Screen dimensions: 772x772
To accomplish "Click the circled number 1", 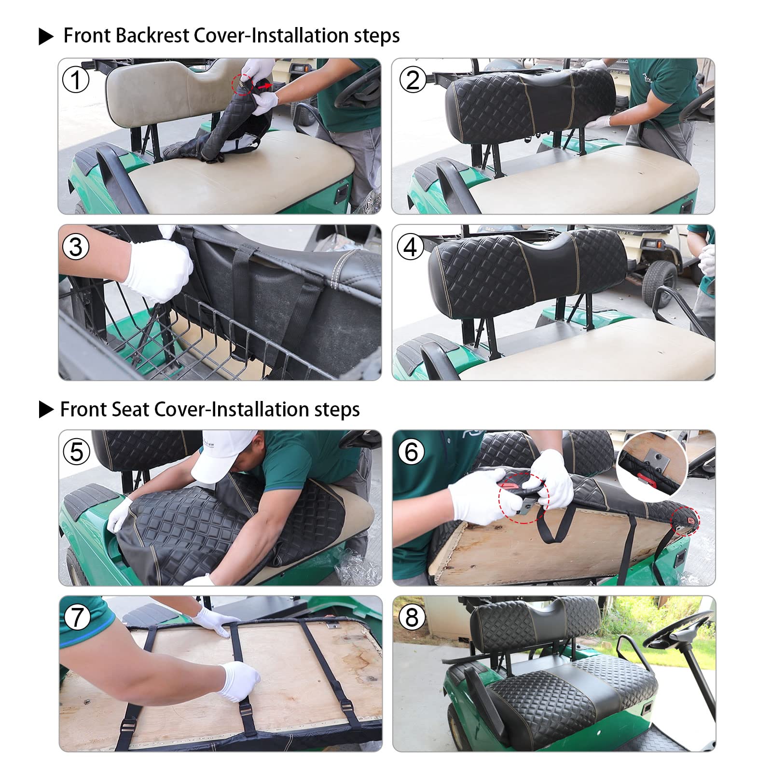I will click(76, 80).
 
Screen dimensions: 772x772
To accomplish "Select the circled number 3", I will click(76, 247).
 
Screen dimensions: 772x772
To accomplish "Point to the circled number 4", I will click(411, 247).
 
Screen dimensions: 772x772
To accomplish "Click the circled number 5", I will click(77, 452).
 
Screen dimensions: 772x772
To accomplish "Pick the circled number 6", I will click(412, 452).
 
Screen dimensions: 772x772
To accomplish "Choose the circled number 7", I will click(77, 618).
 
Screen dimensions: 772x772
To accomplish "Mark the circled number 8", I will click(412, 618).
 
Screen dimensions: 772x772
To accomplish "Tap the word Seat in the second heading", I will click(131, 410).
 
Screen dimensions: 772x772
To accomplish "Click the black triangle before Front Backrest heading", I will click(46, 37).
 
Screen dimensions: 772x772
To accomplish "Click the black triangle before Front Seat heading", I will click(46, 410).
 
